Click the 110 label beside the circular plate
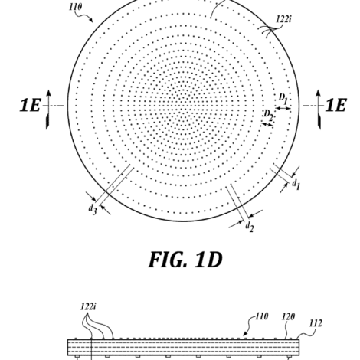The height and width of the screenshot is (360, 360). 76,7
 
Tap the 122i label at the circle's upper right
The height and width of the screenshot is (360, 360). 283,19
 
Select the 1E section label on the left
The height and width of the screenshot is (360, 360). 30,105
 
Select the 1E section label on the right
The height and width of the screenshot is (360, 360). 335,105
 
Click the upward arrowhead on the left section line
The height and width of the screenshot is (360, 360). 49,93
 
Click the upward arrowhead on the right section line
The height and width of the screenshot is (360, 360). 318,93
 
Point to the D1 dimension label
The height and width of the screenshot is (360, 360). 283,99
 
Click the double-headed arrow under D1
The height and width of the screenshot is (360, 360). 283,108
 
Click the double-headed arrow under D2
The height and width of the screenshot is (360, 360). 267,124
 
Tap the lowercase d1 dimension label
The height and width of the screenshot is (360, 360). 296,184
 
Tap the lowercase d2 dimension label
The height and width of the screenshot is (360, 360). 250,227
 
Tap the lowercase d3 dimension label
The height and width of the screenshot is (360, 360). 93,209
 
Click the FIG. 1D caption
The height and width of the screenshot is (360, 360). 185,260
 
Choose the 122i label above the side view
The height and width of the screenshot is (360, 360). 88,306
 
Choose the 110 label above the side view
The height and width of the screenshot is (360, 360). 262,316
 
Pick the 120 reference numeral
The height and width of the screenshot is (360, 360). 288,317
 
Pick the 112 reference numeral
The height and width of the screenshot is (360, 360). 316,323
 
